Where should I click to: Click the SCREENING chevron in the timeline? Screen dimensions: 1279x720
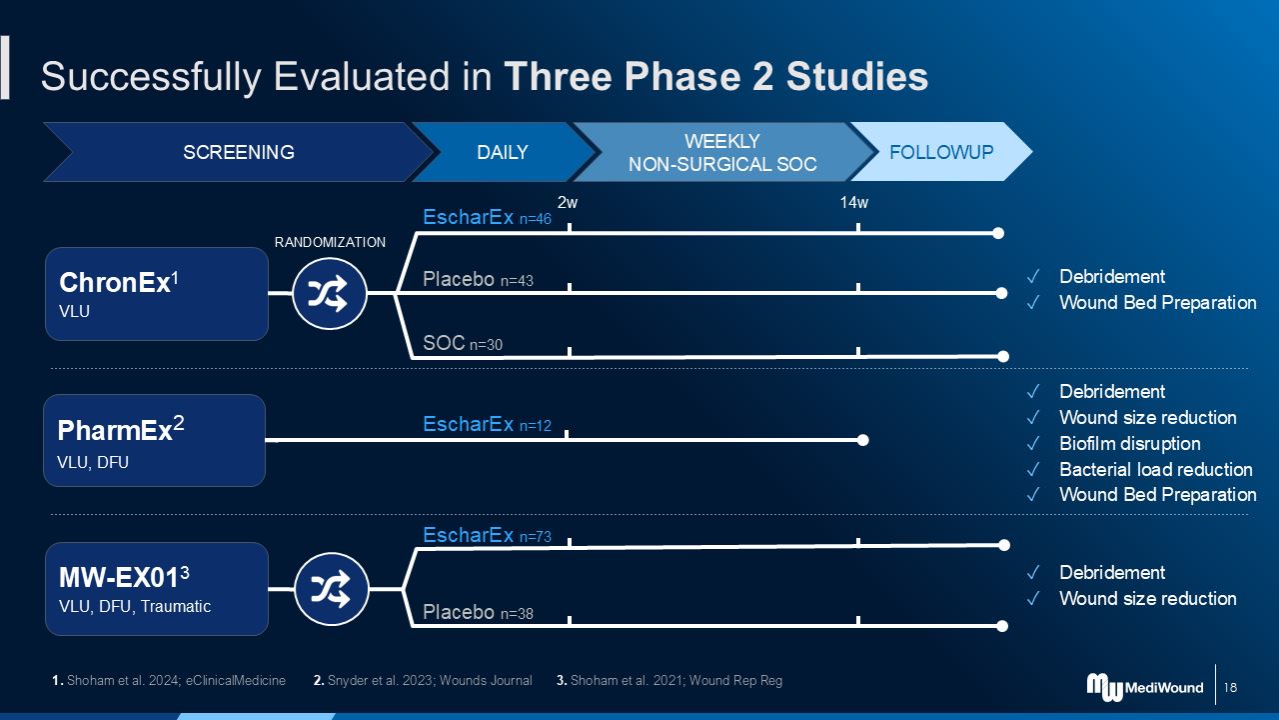click(x=239, y=152)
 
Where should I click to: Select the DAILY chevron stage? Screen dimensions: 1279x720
click(x=503, y=152)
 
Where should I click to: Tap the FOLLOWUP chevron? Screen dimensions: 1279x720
click(x=941, y=152)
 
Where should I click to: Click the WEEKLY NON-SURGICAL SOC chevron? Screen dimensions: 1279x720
click(x=722, y=152)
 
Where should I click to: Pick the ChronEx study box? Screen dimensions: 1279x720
click(x=157, y=294)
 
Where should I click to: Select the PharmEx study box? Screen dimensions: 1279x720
click(x=154, y=441)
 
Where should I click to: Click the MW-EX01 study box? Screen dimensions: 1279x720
click(x=157, y=589)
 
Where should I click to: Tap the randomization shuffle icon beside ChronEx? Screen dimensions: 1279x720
click(x=330, y=293)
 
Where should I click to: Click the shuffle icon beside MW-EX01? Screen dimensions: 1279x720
click(x=332, y=589)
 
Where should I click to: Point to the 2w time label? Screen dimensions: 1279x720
click(x=568, y=202)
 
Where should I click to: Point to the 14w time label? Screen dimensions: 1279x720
click(x=853, y=202)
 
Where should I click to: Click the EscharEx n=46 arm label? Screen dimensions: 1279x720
click(x=487, y=218)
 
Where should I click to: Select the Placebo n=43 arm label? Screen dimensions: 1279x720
click(x=478, y=279)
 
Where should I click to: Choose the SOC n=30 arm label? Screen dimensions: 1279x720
click(x=463, y=343)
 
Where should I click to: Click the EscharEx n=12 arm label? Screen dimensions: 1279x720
click(x=487, y=425)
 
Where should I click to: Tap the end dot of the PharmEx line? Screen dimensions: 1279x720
click(x=862, y=440)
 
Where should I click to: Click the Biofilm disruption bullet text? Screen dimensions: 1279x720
click(x=1129, y=443)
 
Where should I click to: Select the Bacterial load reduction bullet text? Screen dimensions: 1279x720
click(x=1156, y=469)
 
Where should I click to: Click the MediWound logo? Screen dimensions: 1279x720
click(x=1145, y=687)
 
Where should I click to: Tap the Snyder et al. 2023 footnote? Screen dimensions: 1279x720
click(x=423, y=681)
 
